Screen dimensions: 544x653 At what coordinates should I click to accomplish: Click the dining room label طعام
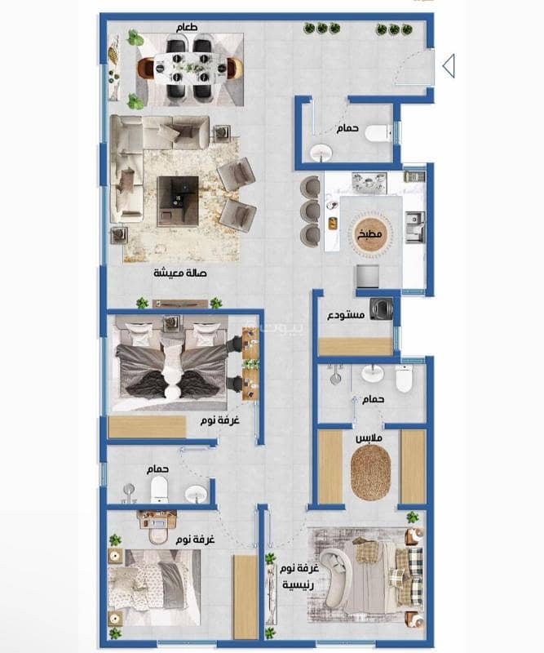[187, 28]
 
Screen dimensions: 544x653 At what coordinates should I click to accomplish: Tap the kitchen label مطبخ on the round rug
[369, 234]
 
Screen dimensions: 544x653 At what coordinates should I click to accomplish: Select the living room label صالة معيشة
[179, 273]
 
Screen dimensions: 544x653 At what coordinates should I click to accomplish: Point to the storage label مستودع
[346, 315]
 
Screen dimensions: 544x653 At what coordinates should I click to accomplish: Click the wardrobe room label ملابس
[369, 438]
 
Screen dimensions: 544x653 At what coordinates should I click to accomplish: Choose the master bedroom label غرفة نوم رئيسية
[299, 576]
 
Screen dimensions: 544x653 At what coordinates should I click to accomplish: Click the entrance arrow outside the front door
[449, 66]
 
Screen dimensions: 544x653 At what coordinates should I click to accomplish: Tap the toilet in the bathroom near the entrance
[378, 133]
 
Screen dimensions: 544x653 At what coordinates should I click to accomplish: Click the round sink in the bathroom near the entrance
[321, 153]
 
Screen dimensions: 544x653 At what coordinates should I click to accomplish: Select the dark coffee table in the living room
[178, 201]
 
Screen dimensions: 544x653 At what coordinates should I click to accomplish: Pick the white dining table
[190, 67]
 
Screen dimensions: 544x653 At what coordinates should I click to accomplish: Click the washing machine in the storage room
[383, 309]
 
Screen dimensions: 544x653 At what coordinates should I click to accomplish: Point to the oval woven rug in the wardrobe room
[370, 473]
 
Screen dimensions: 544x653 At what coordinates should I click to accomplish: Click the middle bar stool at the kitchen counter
[310, 211]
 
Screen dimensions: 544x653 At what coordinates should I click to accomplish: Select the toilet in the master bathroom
[404, 379]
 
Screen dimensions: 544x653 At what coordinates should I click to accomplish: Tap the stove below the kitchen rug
[368, 277]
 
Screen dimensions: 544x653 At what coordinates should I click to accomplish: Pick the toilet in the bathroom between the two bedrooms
[159, 490]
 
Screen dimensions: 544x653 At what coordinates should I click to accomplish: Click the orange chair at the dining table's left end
[146, 68]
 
